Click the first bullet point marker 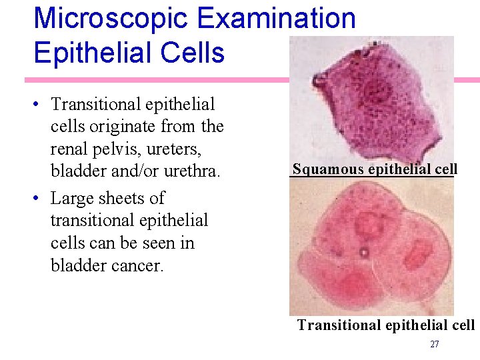pyautogui.click(x=39, y=105)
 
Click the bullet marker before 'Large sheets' pyautogui.click(x=39, y=199)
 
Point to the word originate pyautogui.click(x=133, y=127)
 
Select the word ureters pyautogui.click(x=184, y=149)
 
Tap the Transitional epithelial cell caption pyautogui.click(x=385, y=325)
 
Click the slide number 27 pyautogui.click(x=435, y=345)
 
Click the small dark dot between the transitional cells pyautogui.click(x=364, y=252)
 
